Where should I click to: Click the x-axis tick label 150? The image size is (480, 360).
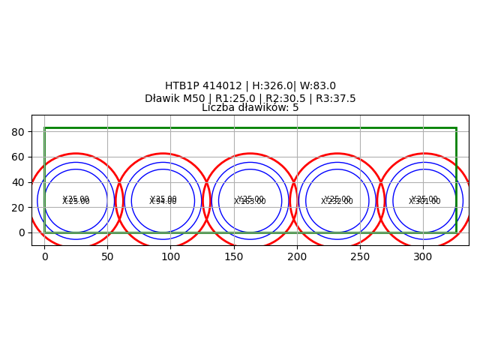(x=234, y=256)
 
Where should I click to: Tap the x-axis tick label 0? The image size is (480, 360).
(x=44, y=256)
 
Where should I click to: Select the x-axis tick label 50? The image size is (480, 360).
(x=107, y=256)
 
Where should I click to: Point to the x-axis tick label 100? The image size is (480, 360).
(x=170, y=256)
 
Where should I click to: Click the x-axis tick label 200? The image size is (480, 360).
(x=297, y=256)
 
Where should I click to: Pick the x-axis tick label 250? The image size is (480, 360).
(x=360, y=256)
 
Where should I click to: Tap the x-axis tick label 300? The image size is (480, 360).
(x=423, y=256)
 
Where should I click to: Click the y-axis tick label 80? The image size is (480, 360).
(x=19, y=132)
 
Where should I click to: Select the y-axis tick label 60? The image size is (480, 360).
(x=19, y=157)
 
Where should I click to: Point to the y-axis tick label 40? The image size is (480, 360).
(x=19, y=182)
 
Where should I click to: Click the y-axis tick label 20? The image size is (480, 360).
(x=19, y=208)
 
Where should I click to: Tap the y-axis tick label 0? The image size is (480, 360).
(x=22, y=232)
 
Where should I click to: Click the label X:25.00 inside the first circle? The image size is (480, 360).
(x=76, y=202)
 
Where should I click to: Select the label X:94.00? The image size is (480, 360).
(x=163, y=202)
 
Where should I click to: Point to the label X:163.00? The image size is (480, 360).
(x=250, y=202)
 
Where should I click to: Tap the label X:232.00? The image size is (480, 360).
(x=337, y=202)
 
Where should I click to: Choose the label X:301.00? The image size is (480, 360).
(x=424, y=202)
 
